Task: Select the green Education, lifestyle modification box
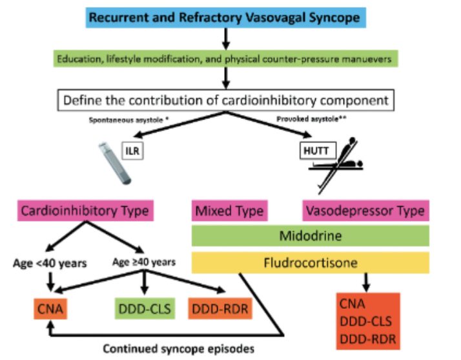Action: pos(225,59)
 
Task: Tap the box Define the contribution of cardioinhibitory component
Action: pos(224,100)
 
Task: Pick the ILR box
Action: pos(133,153)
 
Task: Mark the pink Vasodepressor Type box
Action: pos(365,211)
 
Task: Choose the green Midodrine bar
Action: pos(310,236)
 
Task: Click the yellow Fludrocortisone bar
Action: pos(310,262)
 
